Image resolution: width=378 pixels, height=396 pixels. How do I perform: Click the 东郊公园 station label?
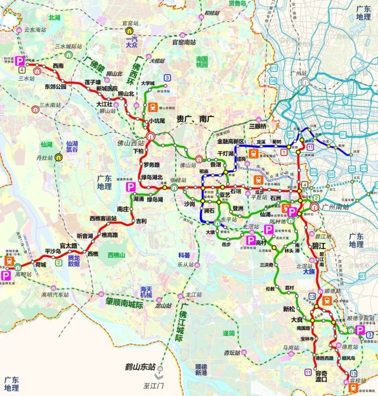click(56, 87)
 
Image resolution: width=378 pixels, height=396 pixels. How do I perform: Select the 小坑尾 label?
click(157, 121)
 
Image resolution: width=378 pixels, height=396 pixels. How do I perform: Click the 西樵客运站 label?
click(103, 218)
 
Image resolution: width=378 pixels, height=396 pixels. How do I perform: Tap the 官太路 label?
click(69, 245)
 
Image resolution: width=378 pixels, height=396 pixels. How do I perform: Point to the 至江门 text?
click(159, 385)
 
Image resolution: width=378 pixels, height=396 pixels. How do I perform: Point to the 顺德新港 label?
click(201, 369)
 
